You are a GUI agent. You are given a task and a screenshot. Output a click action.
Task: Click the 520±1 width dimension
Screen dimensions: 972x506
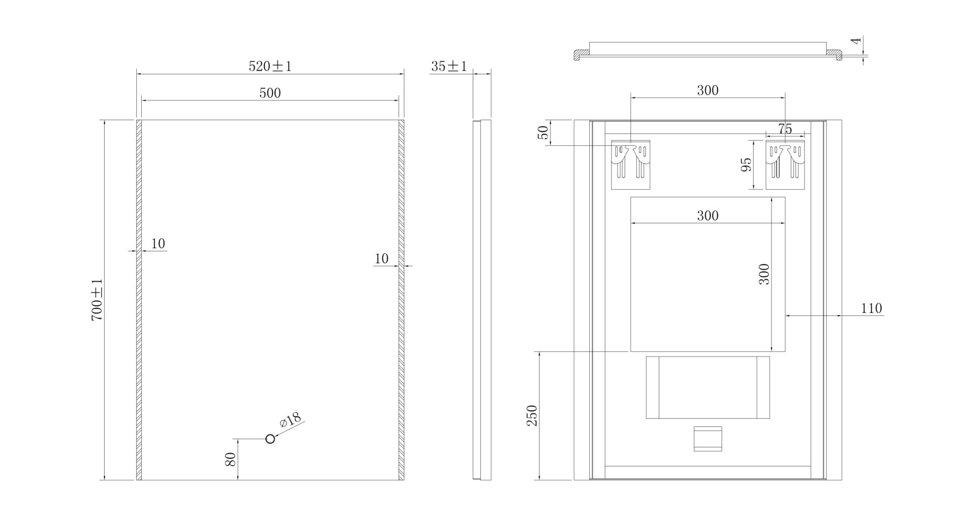(x=270, y=66)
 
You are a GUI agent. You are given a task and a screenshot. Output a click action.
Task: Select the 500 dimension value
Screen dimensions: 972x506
(x=270, y=93)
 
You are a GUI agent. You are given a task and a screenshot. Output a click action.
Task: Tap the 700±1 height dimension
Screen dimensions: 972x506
(x=97, y=300)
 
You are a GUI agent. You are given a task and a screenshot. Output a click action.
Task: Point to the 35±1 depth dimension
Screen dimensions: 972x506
(x=449, y=66)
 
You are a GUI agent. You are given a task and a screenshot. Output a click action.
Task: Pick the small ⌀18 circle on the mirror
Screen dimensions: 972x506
(x=270, y=439)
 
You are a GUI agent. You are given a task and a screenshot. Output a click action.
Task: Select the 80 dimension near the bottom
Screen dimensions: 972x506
(x=231, y=459)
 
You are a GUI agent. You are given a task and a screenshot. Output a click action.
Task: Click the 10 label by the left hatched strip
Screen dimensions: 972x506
(x=158, y=244)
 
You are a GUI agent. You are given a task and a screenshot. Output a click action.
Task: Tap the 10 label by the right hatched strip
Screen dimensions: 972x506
(x=381, y=259)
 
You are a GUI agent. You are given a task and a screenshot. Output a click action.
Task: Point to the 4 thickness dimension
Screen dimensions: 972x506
(x=855, y=41)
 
